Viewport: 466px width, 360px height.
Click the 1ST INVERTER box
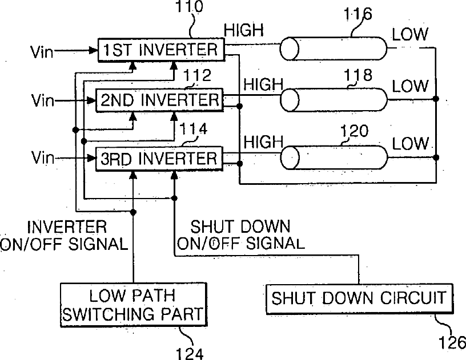coord(162,50)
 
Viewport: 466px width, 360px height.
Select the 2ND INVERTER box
coord(159,100)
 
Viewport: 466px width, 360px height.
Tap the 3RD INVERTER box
coord(159,159)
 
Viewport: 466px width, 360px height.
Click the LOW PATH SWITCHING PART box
coord(134,305)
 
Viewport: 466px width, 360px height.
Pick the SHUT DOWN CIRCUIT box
coord(359,299)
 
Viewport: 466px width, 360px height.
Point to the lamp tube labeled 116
coord(334,48)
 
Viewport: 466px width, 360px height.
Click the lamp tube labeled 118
coord(334,100)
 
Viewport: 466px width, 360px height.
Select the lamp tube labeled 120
coord(334,157)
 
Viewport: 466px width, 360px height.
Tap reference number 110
coord(190,6)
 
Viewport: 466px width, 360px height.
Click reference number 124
coord(190,354)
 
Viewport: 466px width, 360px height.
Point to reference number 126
coord(452,342)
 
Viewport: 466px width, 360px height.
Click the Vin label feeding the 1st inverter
coord(42,51)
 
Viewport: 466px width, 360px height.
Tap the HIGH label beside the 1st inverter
coord(244,30)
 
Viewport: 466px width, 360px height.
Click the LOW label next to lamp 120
coord(410,143)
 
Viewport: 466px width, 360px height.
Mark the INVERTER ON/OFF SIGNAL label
coord(64,236)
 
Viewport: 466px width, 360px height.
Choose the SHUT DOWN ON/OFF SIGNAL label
coord(241,234)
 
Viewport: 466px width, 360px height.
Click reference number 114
coord(194,129)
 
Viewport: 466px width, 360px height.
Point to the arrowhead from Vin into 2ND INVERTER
coord(91,101)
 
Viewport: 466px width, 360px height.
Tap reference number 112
coord(197,75)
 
